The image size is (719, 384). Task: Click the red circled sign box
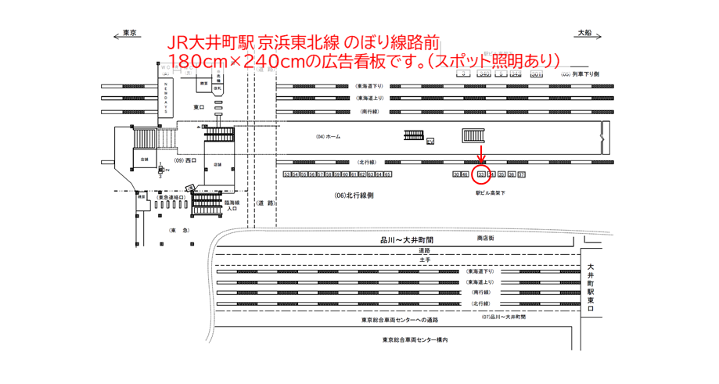(x=482, y=174)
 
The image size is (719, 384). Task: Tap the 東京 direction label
(x=129, y=33)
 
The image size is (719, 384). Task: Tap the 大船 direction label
(x=584, y=33)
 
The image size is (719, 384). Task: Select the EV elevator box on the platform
(x=430, y=142)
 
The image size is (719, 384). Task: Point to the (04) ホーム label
(x=329, y=137)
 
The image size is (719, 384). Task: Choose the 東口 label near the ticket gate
(x=199, y=106)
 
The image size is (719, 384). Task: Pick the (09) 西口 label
(x=185, y=160)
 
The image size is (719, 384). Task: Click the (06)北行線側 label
(x=354, y=196)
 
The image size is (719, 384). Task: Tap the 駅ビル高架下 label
(x=490, y=192)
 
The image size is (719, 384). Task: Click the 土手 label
(x=424, y=260)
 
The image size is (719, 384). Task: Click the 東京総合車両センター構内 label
(x=415, y=339)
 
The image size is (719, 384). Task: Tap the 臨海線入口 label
(x=232, y=205)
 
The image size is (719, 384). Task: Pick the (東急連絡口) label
(x=171, y=197)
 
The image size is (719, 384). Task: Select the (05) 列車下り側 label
(x=580, y=74)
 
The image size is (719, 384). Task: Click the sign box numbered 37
(x=522, y=174)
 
